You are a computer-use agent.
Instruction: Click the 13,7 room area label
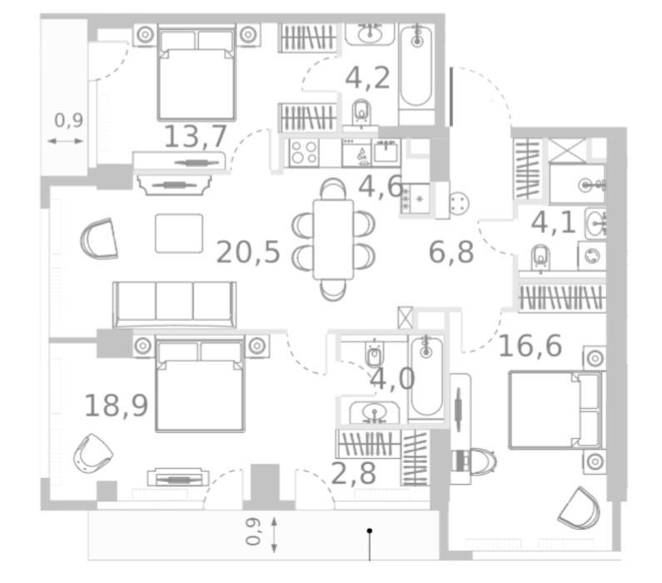(x=196, y=137)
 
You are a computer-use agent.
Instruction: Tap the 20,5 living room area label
(x=248, y=252)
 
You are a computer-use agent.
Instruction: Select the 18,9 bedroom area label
(x=116, y=406)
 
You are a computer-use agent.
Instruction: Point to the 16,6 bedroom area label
(x=530, y=346)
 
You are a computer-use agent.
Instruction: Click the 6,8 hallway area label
(x=450, y=252)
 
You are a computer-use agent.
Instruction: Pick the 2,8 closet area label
(x=353, y=473)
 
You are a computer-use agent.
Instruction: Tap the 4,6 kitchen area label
(x=381, y=187)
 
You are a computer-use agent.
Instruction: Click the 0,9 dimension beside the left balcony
(x=68, y=120)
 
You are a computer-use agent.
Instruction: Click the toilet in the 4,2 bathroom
(x=362, y=112)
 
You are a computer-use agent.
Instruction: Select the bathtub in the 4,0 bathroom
(x=426, y=377)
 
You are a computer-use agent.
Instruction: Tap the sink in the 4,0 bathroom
(x=374, y=412)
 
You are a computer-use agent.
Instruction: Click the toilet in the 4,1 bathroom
(x=540, y=257)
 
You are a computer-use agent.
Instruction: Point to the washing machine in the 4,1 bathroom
(x=592, y=256)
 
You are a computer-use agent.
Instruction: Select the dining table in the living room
(x=333, y=239)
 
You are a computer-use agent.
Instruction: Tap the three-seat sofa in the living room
(x=174, y=304)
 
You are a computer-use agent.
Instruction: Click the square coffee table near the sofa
(x=179, y=233)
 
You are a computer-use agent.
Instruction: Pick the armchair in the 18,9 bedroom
(x=92, y=453)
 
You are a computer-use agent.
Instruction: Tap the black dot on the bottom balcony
(x=370, y=531)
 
